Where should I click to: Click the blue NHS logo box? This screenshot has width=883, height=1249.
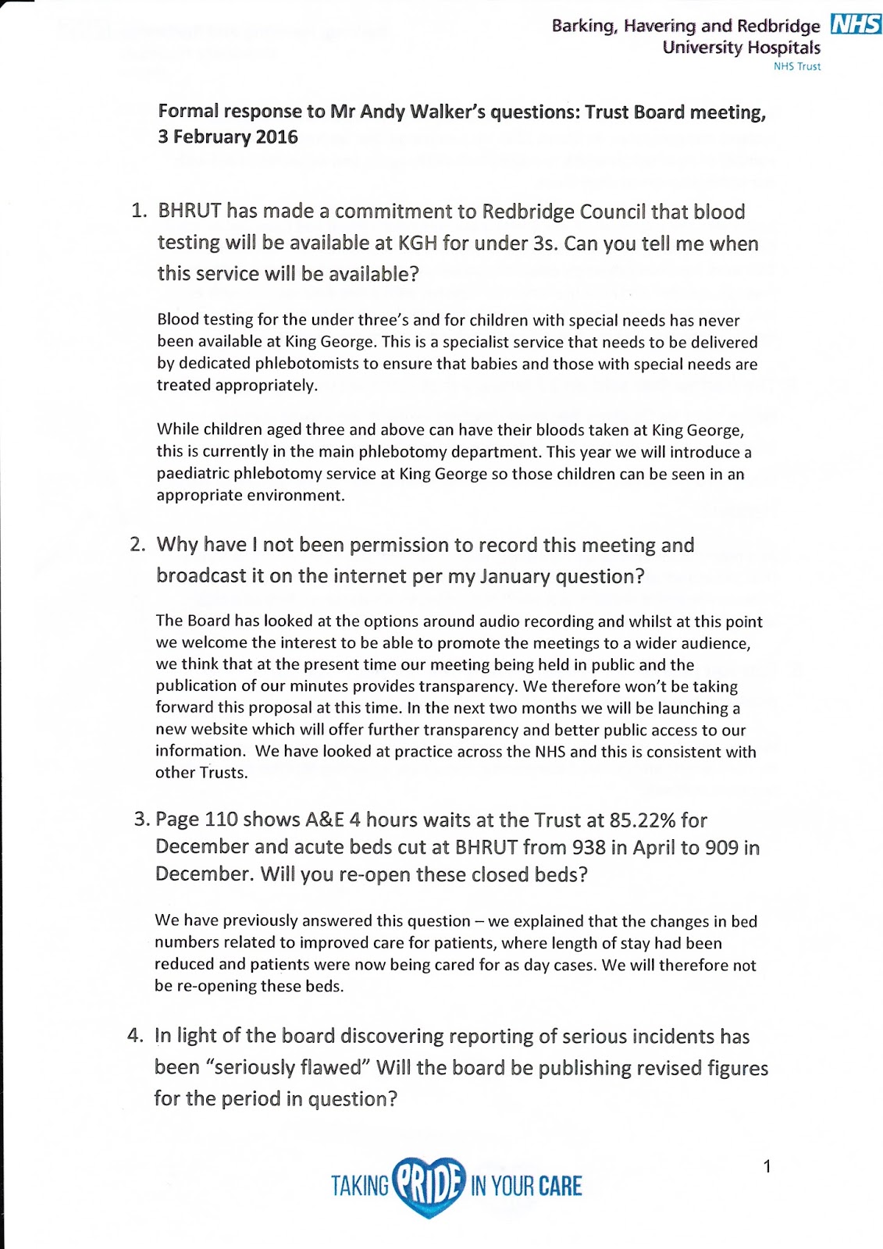(x=856, y=24)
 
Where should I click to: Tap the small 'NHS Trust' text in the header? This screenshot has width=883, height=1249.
(x=796, y=66)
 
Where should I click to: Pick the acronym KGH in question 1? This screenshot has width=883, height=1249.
(x=418, y=244)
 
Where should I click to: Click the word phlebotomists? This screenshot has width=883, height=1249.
(x=308, y=364)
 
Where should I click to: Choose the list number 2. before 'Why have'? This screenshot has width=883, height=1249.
(x=137, y=545)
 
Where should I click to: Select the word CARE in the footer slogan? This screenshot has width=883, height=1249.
(x=560, y=1187)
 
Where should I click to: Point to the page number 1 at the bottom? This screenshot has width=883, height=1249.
(x=767, y=1167)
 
